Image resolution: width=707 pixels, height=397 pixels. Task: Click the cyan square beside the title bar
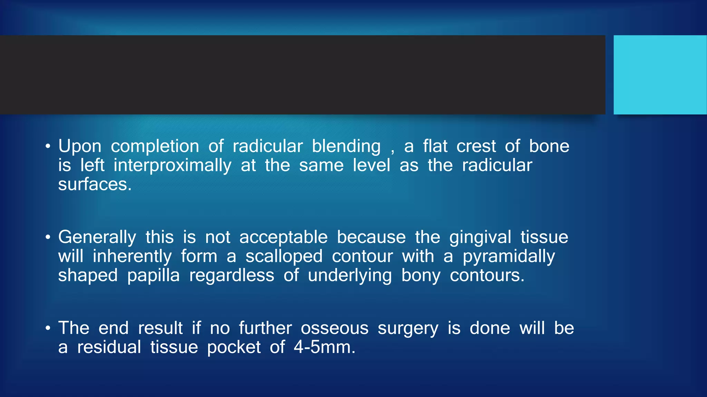(660, 75)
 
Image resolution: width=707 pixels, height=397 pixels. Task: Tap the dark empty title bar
(302, 75)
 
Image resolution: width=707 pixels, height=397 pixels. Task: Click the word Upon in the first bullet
(80, 146)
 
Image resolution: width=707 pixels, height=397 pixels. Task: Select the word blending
(346, 146)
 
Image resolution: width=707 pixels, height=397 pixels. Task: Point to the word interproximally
(173, 165)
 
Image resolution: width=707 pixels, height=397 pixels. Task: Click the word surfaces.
(95, 184)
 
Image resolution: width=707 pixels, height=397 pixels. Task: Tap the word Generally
(97, 237)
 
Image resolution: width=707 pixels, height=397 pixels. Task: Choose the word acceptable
(283, 237)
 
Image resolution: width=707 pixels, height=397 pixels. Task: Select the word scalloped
(284, 256)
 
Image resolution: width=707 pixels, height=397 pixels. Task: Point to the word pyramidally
(509, 257)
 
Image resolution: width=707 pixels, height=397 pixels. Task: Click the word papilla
(153, 276)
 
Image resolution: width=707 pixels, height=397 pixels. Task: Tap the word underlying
(350, 276)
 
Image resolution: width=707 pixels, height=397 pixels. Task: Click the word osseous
(335, 328)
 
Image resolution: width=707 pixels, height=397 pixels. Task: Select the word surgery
(408, 328)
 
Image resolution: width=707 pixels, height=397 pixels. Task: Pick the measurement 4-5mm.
(324, 347)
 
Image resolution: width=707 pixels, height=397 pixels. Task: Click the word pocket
(234, 347)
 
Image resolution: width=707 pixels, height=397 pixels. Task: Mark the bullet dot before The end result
(48, 328)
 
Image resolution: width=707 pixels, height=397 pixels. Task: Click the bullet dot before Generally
(48, 237)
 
